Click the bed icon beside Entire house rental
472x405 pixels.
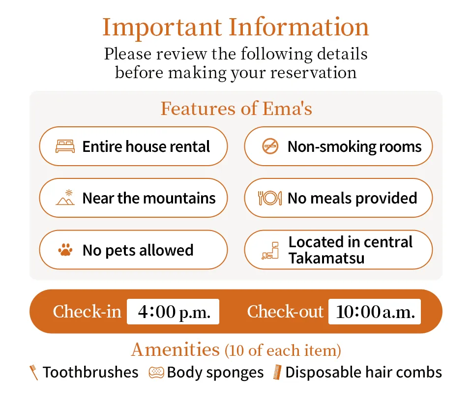[65, 146]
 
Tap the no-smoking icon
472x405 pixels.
[270, 146]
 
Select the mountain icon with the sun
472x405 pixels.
[65, 198]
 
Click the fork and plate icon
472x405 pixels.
[270, 198]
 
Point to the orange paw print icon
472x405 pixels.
[65, 250]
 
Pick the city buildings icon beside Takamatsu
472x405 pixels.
[270, 250]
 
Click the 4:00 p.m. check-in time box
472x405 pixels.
[173, 312]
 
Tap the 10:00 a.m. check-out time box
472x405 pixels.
[375, 312]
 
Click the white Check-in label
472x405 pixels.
[87, 312]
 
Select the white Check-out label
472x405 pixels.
[285, 312]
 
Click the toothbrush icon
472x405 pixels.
[33, 373]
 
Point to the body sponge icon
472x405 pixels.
[156, 373]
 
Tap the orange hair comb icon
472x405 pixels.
[277, 372]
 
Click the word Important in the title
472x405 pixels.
[162, 28]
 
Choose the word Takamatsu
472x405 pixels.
[326, 258]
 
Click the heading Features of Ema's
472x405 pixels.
[236, 108]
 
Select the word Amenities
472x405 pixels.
[176, 349]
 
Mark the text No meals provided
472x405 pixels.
[352, 198]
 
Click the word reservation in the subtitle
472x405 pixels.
[313, 73]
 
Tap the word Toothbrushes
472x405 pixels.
[90, 372]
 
